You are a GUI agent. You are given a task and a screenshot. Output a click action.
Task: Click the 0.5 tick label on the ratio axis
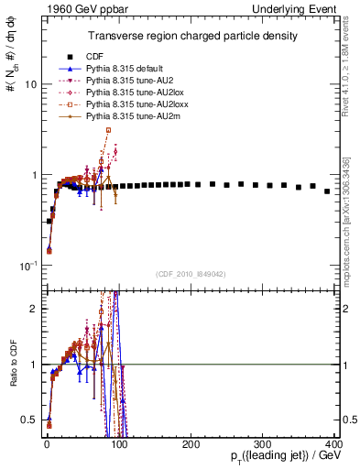click(x=27, y=420)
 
